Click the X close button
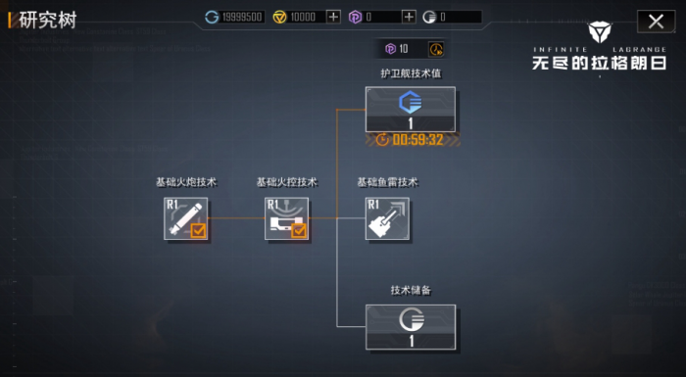pyautogui.click(x=656, y=21)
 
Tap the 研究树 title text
pyautogui.click(x=46, y=20)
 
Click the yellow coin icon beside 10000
pyautogui.click(x=279, y=17)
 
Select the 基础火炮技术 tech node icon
pyautogui.click(x=186, y=218)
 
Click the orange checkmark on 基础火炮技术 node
pyautogui.click(x=198, y=231)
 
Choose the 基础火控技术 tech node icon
pyautogui.click(x=286, y=218)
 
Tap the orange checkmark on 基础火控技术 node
pyautogui.click(x=299, y=231)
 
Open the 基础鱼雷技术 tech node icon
pyautogui.click(x=386, y=218)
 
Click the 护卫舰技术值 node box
pyautogui.click(x=411, y=110)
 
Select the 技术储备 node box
pyautogui.click(x=411, y=327)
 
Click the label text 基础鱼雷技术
pyautogui.click(x=387, y=182)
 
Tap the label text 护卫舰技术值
pyautogui.click(x=411, y=73)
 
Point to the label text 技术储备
pyautogui.click(x=411, y=291)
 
